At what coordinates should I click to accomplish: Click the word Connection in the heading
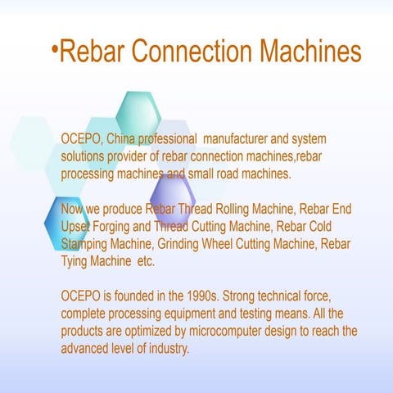[x=192, y=52]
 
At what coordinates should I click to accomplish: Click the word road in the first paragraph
[x=230, y=174]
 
